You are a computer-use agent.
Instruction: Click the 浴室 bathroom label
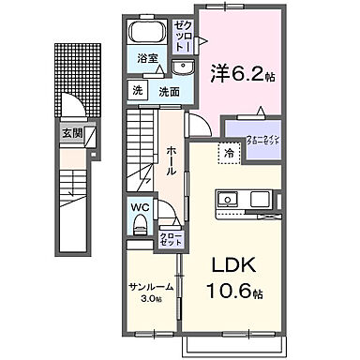click(x=147, y=67)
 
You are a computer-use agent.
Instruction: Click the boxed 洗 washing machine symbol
click(x=137, y=92)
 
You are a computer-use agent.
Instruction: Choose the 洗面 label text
click(x=170, y=92)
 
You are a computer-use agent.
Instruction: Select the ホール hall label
click(x=173, y=161)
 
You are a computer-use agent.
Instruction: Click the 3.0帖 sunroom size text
click(x=149, y=300)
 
